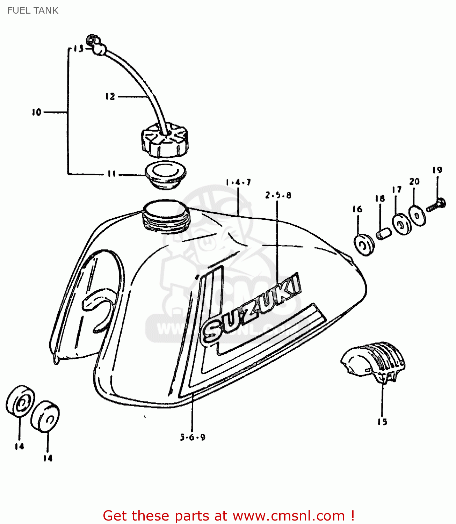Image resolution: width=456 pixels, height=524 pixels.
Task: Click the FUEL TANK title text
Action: point(33,10)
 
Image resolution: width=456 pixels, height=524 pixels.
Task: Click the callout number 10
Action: point(36,112)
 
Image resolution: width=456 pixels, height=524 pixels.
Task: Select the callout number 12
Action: point(110,96)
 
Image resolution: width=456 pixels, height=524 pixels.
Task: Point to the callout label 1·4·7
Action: point(238,182)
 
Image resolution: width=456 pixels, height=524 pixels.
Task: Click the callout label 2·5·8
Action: point(278,195)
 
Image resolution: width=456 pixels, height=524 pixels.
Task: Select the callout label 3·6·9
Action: point(193,437)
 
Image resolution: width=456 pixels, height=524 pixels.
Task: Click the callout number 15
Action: point(382,422)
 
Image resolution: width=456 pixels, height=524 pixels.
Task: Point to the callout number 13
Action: point(79,49)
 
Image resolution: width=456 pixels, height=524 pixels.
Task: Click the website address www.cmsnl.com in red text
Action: point(289,516)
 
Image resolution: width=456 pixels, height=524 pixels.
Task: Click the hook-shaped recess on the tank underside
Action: point(98,307)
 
